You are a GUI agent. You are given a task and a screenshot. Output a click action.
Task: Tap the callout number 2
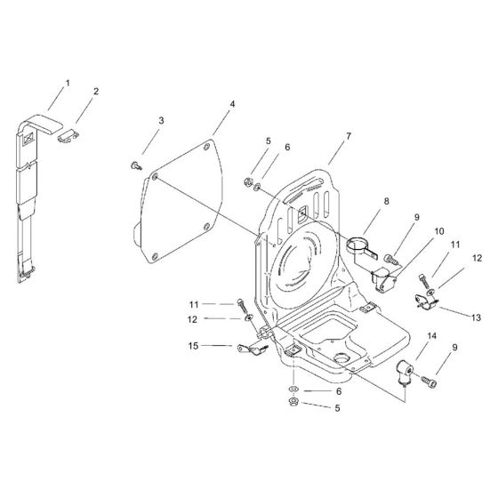pyautogui.click(x=96, y=91)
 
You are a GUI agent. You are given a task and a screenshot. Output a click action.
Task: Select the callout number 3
pyautogui.click(x=161, y=120)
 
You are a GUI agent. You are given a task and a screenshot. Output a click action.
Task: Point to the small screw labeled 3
pyautogui.click(x=134, y=165)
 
